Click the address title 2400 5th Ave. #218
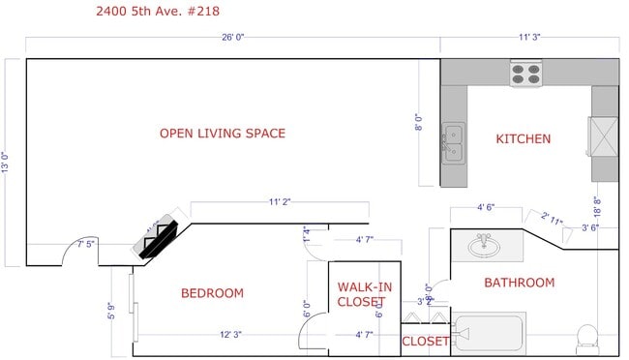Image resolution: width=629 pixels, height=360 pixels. (161, 12)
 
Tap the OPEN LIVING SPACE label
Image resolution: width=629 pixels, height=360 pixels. (223, 134)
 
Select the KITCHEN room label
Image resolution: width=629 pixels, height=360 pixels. (523, 139)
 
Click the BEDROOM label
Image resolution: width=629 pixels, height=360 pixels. (212, 293)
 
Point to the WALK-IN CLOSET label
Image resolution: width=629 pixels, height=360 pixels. (364, 294)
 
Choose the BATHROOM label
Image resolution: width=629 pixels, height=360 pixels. (519, 283)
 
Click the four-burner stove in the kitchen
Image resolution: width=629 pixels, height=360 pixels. (525, 74)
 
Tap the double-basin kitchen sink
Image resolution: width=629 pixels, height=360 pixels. (452, 141)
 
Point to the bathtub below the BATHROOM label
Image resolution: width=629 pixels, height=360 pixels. (490, 335)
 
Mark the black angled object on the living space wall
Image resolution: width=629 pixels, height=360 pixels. (159, 237)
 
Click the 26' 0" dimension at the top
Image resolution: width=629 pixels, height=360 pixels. (233, 38)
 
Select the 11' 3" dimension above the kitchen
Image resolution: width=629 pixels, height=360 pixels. (529, 38)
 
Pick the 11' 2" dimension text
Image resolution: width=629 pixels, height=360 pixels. (280, 202)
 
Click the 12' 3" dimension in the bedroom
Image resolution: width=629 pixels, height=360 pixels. (230, 335)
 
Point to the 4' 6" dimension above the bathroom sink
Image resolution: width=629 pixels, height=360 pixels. (487, 207)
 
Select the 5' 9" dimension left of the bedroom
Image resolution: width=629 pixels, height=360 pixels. (112, 312)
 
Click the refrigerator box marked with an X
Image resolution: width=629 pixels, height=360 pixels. (604, 135)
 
